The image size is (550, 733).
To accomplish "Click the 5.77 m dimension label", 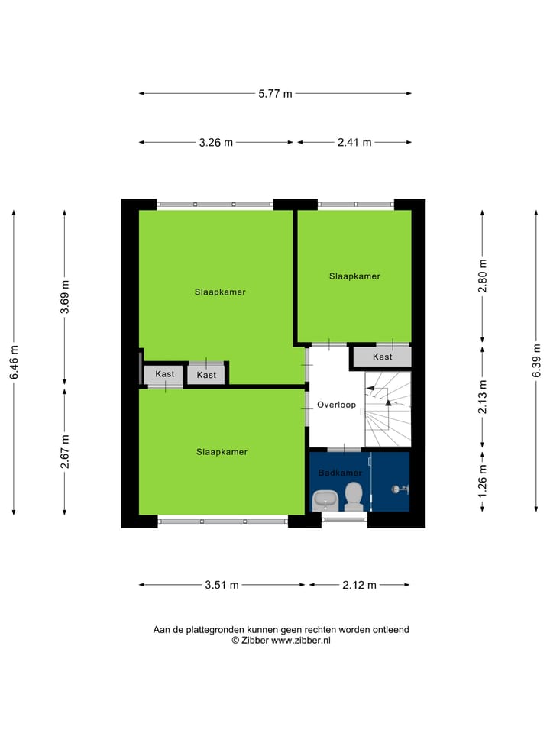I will (275, 94).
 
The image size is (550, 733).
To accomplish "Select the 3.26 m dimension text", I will (216, 142).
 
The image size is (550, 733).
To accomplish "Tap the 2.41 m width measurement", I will (354, 142).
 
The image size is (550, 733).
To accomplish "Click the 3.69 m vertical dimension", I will (65, 298).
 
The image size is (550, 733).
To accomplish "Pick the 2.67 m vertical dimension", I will (65, 451).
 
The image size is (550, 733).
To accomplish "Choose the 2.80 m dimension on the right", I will (482, 276).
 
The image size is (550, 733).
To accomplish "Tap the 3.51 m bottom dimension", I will (222, 585).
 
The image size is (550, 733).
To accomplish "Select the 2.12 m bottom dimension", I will (359, 585).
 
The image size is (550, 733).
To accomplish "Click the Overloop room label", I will (337, 405).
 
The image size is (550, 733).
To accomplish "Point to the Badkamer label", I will (340, 473).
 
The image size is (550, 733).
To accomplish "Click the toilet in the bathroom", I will (353, 496).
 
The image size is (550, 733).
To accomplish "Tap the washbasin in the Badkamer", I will (326, 499).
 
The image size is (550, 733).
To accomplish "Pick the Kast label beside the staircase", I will (383, 357).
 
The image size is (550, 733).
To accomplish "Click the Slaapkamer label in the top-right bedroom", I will (354, 276).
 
